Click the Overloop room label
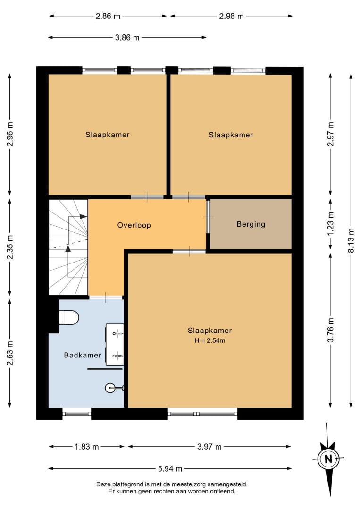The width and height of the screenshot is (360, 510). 134,225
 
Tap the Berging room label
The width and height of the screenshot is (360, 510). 251,224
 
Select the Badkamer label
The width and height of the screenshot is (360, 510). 83,355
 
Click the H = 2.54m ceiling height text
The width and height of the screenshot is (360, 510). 209,340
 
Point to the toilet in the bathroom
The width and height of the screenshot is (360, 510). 69,317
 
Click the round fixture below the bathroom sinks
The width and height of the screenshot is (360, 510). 110,388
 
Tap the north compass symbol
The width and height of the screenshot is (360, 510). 328,459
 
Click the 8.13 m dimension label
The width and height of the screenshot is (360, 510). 351,240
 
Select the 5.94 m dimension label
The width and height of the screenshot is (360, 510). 170,469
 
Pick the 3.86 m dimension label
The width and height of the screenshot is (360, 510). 127,38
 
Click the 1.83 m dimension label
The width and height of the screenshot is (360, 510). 87,447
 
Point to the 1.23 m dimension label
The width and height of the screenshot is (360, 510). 330,224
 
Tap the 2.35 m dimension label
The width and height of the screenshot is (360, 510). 10,247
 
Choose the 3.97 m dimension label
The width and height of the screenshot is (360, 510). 209,447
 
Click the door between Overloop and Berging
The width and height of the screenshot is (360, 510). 208,217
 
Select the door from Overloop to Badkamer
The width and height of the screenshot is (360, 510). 106,297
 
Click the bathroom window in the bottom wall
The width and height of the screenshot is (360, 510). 77,413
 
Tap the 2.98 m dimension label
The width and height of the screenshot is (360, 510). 231,16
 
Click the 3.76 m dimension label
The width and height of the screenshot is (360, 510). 330,330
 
